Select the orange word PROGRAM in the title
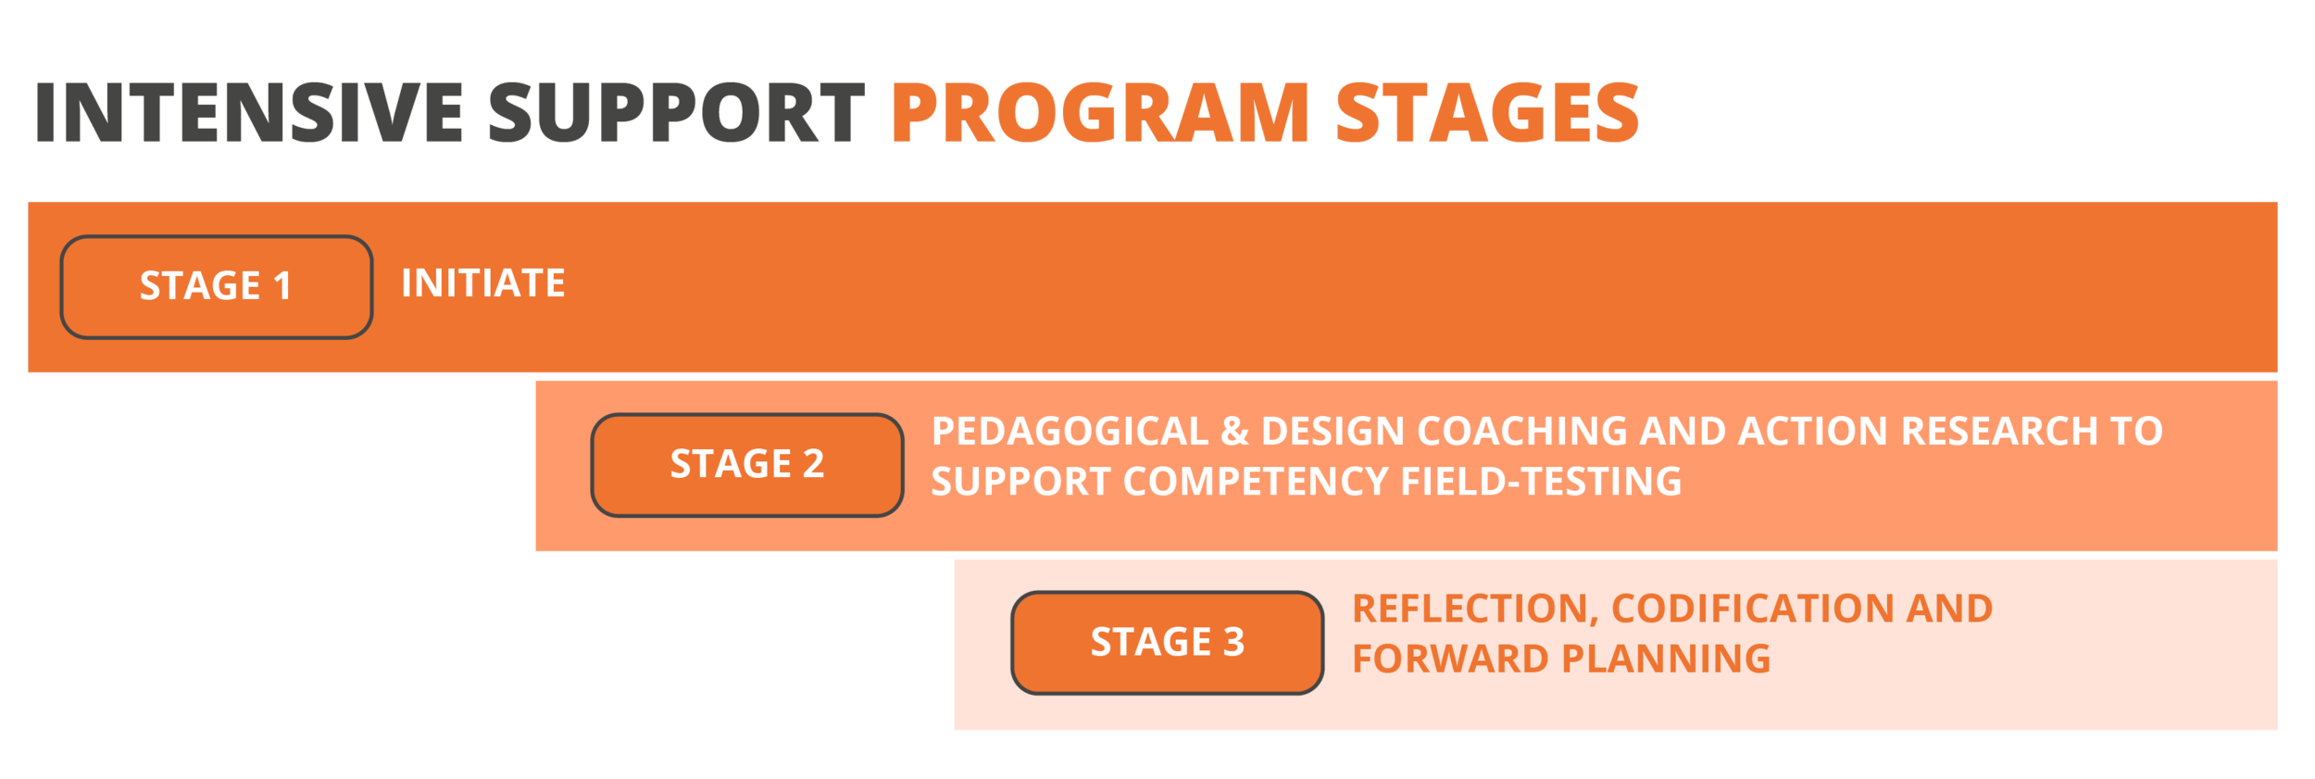1100,113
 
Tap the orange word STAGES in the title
1487,113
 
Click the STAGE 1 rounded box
216,286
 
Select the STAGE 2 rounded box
746,464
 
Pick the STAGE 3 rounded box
1167,642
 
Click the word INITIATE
482,283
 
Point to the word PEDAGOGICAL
1070,432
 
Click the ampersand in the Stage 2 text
1234,432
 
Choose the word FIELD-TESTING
1541,482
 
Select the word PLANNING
1666,660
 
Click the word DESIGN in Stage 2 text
1333,432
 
